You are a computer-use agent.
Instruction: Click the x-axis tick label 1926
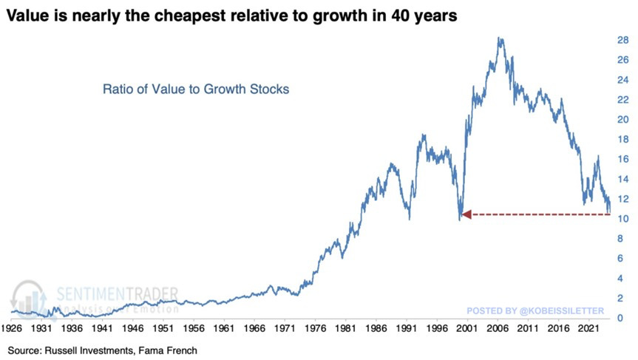pyautogui.click(x=13, y=326)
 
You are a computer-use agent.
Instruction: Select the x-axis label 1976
pyautogui.click(x=316, y=326)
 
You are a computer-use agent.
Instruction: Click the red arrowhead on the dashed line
pyautogui.click(x=466, y=214)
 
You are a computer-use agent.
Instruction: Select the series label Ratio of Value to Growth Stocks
pyautogui.click(x=195, y=89)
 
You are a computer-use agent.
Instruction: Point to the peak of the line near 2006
pyautogui.click(x=500, y=38)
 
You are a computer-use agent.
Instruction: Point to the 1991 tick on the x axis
pyautogui.click(x=408, y=326)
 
